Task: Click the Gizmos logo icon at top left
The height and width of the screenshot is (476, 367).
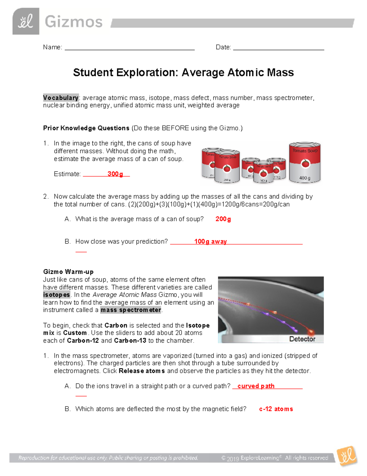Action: tap(26, 21)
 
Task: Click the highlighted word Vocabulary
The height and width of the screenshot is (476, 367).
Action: tap(61, 98)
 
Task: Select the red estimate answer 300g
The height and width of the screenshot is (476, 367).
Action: tap(115, 174)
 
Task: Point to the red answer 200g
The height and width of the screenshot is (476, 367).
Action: tap(223, 219)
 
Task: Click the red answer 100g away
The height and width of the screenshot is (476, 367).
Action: tap(210, 242)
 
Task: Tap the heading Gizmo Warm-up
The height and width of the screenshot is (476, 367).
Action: tap(68, 272)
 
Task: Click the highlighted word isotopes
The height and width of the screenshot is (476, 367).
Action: tap(57, 295)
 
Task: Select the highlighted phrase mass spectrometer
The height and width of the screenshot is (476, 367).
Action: tap(131, 310)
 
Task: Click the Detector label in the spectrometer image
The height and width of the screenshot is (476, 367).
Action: tap(302, 339)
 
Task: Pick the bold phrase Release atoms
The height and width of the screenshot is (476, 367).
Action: tap(142, 371)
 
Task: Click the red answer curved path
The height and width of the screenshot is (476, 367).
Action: tap(256, 386)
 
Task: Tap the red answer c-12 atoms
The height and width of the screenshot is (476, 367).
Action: tap(276, 409)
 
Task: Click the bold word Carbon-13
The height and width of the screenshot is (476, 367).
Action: tap(130, 341)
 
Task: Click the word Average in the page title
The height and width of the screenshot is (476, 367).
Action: tap(203, 73)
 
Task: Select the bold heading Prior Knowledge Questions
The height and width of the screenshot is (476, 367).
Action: tap(86, 128)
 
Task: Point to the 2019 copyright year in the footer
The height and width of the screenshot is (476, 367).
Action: tap(233, 458)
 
